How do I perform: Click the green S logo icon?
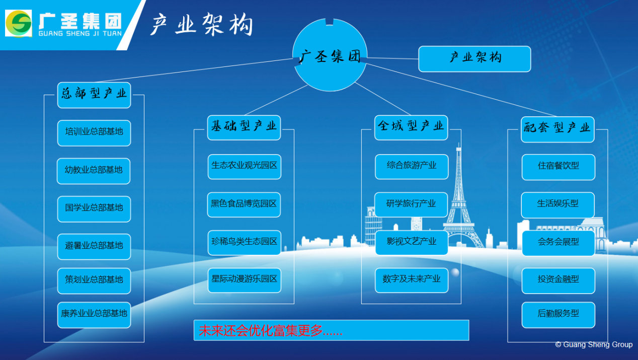[19, 23]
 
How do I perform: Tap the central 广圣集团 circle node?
[330, 55]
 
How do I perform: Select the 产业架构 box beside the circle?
[474, 59]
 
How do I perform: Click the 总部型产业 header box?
[94, 95]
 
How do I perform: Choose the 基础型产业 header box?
[244, 127]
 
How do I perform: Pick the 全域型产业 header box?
[411, 127]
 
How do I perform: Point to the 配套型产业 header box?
[557, 129]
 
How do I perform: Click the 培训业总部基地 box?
[94, 133]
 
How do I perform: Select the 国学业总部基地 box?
[94, 209]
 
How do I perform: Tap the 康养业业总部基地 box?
[94, 315]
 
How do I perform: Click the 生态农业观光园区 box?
[245, 167]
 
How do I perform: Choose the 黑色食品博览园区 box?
[244, 204]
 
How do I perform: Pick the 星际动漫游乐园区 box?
[245, 280]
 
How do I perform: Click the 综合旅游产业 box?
[412, 167]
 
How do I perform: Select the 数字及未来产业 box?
[412, 280]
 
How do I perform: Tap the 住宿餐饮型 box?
[559, 167]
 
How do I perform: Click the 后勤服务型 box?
[559, 315]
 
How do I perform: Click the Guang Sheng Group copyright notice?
[594, 344]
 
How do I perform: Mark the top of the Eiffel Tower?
[458, 143]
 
